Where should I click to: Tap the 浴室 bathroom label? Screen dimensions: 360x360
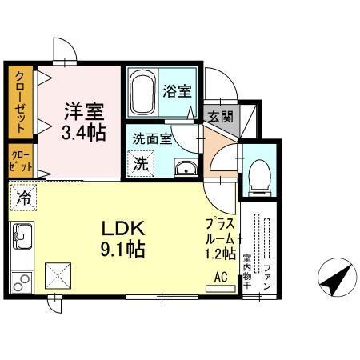177,90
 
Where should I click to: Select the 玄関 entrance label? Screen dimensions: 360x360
221,116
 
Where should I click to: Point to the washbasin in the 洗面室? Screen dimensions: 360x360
186,168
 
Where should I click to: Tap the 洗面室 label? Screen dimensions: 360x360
152,138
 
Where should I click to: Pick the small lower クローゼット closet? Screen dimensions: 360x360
18,161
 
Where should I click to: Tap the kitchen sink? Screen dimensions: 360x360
22,237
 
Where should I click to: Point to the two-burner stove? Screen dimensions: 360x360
22,282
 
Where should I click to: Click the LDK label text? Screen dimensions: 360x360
119,228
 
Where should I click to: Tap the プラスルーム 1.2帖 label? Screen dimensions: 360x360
219,238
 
